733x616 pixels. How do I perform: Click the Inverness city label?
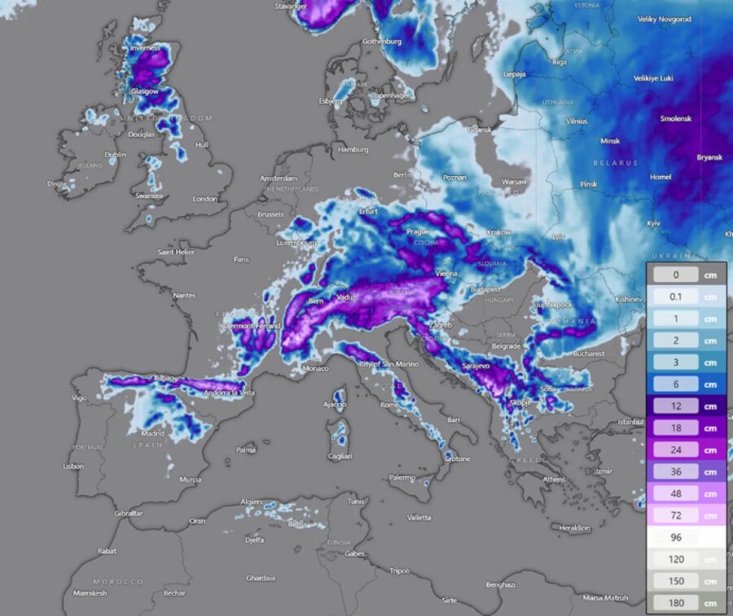point(145,48)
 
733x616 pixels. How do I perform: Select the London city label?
point(204,199)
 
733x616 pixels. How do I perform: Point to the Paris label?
point(240,259)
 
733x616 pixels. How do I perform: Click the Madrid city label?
point(152,433)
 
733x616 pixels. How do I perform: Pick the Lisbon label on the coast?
point(72,466)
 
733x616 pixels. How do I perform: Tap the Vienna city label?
point(446,274)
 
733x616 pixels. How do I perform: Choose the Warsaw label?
point(514,182)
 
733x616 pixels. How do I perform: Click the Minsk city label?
point(609,141)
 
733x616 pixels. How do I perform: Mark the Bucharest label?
point(588,354)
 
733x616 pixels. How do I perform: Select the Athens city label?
point(553,479)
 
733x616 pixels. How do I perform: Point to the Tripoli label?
point(399,570)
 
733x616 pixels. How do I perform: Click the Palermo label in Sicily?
point(402,477)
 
